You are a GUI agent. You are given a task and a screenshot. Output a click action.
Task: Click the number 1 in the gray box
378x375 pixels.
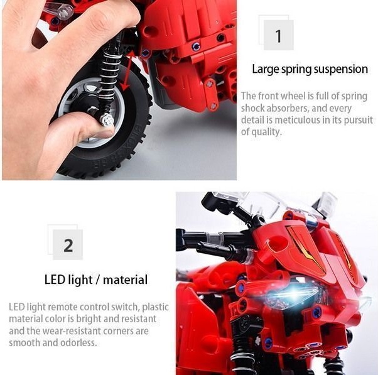[x=278, y=36]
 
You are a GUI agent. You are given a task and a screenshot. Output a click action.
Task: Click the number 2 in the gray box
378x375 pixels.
[x=68, y=246]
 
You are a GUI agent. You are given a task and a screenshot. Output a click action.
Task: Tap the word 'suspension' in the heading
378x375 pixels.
[x=340, y=69]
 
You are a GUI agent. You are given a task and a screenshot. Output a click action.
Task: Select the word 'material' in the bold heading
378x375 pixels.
[x=125, y=280]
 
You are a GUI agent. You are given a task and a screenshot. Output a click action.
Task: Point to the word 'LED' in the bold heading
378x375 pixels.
[x=55, y=280]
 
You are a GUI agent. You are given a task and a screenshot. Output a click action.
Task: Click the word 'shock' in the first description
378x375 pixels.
[x=253, y=108]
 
